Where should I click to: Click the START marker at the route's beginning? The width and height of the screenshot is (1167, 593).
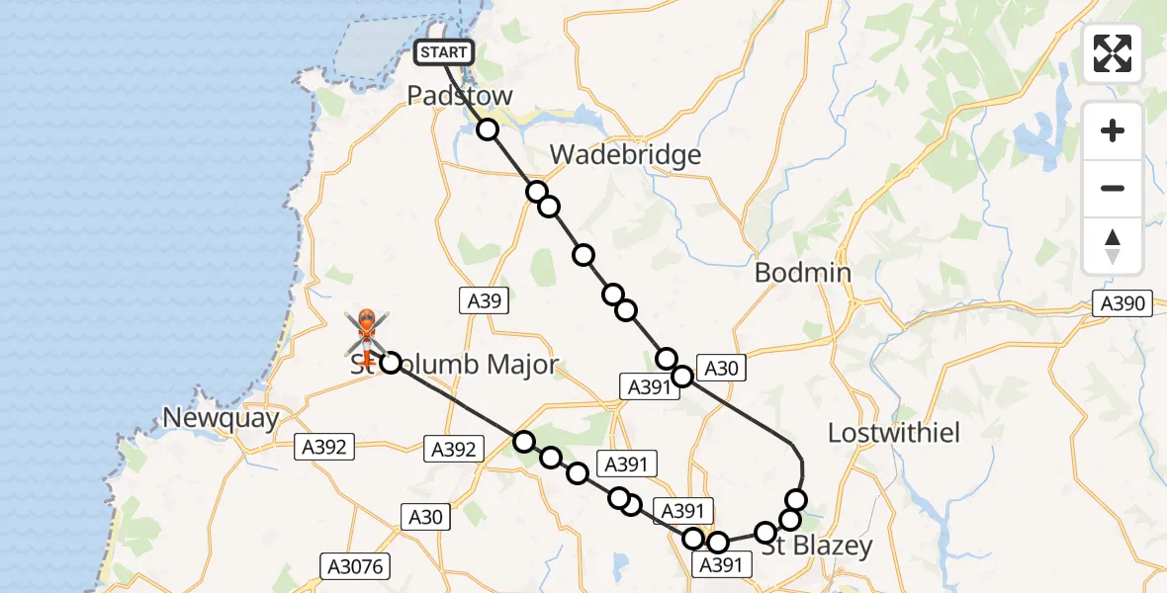click(444, 52)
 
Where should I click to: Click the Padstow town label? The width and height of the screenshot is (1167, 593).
click(461, 96)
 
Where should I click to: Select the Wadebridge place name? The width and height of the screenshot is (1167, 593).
click(625, 154)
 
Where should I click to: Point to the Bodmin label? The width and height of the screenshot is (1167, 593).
click(803, 272)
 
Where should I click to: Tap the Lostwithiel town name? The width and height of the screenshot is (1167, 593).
click(894, 433)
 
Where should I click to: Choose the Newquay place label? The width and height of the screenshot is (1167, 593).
click(221, 418)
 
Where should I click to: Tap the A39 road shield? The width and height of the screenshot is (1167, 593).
click(485, 301)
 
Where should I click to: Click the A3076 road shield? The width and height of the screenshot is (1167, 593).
click(356, 566)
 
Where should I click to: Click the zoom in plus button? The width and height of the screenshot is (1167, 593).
click(1113, 130)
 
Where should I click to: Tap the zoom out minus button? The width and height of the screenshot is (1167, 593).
click(1113, 188)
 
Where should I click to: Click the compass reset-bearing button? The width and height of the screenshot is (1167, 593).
click(1113, 245)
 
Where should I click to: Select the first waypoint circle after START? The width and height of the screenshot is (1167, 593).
click(487, 129)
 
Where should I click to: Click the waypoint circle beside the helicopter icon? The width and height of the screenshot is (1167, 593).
click(391, 363)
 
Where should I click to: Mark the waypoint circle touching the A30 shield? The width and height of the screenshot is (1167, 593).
click(682, 376)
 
